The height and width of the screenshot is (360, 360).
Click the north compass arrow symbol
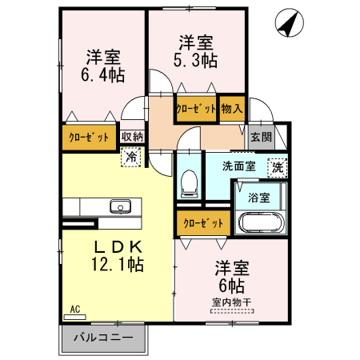[288, 24]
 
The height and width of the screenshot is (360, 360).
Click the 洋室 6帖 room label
[230, 276]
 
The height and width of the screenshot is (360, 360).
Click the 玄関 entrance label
[261, 136]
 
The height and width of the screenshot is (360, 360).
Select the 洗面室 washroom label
[238, 167]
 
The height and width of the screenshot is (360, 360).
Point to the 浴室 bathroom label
[258, 196]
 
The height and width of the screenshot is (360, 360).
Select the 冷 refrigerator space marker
[130, 157]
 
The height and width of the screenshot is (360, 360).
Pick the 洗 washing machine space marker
[277, 167]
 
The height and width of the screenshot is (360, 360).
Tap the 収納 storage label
[132, 136]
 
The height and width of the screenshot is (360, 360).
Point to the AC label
[74, 309]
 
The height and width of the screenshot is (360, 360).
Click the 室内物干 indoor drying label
[232, 302]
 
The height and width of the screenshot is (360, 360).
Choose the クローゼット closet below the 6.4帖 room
[89, 137]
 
